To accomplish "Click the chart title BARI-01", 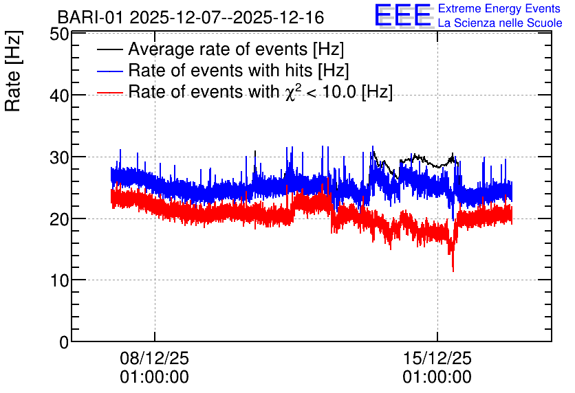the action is pos(91,17).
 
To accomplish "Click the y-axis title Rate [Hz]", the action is pos(13,71).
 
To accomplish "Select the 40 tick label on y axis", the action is pos(59,96).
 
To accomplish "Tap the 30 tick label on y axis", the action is pos(59,157).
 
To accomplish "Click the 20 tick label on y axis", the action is pos(59,219).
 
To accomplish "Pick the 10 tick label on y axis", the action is pos(59,280).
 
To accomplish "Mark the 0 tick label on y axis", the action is pos(64,342).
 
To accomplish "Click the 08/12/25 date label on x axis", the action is pos(154,358).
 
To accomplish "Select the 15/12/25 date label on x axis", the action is pos(437,358).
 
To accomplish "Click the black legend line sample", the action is pos(109,49).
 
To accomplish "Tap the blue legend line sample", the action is pos(109,71).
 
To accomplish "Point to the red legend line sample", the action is pos(109,92).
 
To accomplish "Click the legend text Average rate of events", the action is pos(218,49).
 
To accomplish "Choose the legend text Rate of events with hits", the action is pos(220,70).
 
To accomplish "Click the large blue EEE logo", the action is pos(402,15).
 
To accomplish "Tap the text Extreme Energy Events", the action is pos(499,8).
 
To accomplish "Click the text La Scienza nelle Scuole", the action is pos(500,23).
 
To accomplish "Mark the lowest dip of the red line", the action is pos(453,271).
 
